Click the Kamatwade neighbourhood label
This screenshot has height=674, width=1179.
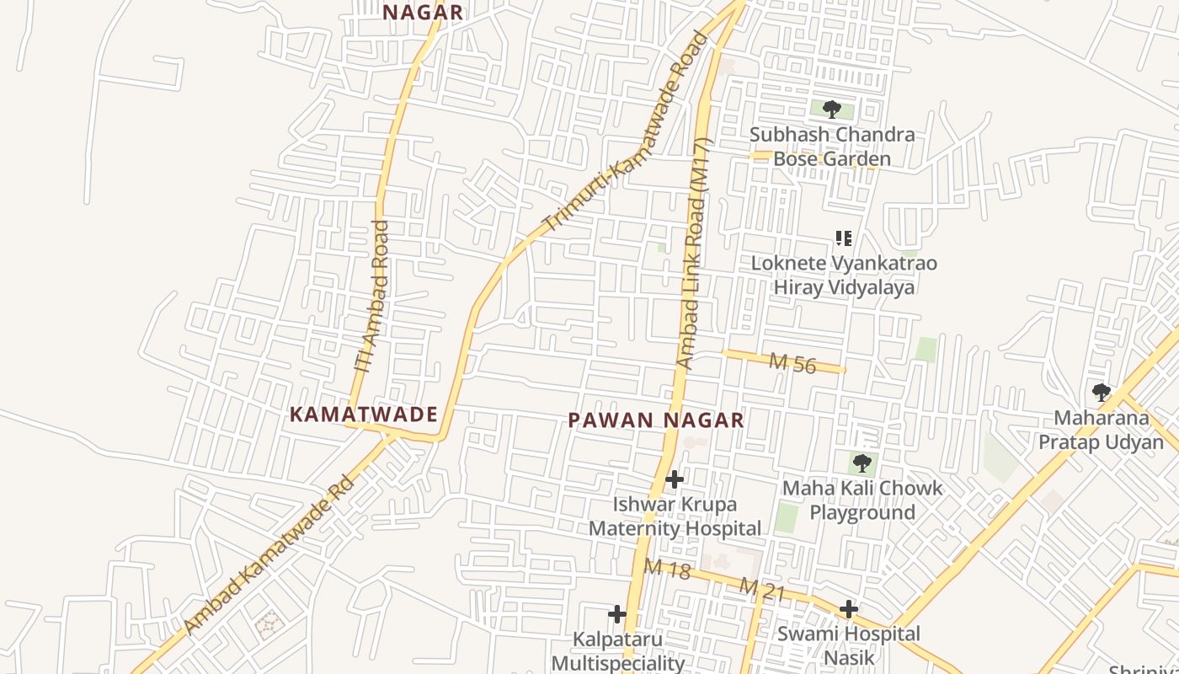pos(363,415)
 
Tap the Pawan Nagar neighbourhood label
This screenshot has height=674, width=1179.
pos(656,420)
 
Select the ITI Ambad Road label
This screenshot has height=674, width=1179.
pos(372,297)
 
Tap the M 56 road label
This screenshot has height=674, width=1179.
pos(792,363)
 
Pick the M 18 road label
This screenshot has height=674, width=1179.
pos(667,569)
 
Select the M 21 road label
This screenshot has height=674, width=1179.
pos(762,589)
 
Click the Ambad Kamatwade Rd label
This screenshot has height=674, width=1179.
pos(268,554)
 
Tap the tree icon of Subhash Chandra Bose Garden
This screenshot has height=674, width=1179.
pos(831,110)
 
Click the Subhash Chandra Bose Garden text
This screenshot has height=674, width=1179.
pos(831,147)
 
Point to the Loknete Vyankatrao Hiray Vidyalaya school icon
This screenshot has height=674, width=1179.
pos(843,238)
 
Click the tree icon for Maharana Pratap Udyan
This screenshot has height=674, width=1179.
pos(1101,393)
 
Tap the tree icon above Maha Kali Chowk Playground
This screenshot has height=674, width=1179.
pos(862,463)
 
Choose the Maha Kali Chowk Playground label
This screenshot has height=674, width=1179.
pos(862,500)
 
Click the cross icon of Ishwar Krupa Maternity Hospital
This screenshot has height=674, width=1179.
pos(674,479)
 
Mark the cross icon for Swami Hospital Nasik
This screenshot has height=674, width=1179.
pos(848,609)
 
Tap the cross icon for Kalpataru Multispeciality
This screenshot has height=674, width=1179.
pos(617,614)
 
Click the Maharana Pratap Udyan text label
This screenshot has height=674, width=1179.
pos(1101,430)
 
